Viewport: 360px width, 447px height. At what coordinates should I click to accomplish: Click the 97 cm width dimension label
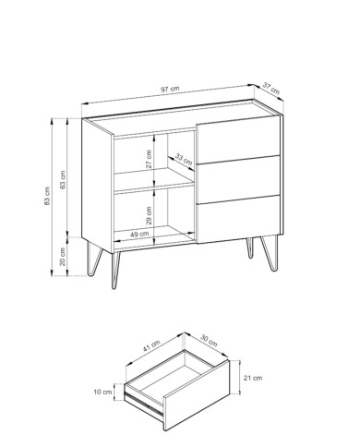[170, 89]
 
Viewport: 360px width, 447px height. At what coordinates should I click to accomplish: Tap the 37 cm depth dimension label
[271, 88]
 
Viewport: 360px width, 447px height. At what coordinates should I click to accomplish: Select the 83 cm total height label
[47, 196]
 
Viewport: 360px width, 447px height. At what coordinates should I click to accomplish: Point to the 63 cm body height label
[63, 179]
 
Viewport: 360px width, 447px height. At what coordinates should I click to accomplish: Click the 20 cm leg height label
[63, 257]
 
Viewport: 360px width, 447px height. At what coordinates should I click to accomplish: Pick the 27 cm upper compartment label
[149, 159]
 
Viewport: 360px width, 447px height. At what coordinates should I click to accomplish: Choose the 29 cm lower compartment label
[149, 215]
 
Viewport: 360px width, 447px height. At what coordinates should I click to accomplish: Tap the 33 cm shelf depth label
[184, 159]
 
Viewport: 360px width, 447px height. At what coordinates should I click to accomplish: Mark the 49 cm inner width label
[139, 235]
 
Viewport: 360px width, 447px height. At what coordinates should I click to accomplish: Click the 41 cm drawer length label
[151, 345]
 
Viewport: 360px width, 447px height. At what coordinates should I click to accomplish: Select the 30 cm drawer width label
[209, 341]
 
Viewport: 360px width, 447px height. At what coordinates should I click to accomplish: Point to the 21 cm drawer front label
[253, 378]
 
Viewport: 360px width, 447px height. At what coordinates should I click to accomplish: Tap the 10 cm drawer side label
[102, 392]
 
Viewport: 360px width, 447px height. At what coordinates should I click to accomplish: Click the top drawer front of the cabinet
[238, 139]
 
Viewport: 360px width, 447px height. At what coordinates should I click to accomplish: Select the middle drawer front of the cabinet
[238, 179]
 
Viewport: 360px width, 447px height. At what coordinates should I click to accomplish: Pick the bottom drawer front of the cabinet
[238, 219]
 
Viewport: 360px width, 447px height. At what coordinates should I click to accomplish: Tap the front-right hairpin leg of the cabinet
[270, 253]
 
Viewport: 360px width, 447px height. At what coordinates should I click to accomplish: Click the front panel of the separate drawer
[197, 394]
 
